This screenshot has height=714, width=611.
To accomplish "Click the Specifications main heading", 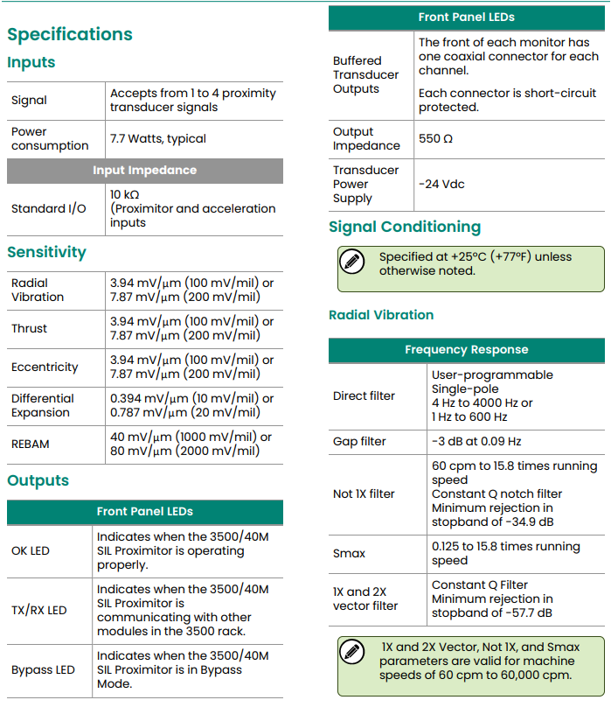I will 70,34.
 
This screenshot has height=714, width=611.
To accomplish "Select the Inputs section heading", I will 31,62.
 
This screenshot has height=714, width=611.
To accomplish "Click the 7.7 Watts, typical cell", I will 158,138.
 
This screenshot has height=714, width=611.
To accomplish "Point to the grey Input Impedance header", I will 145,170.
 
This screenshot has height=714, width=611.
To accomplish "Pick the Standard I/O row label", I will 49,208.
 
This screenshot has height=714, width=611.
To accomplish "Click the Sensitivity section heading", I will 46,252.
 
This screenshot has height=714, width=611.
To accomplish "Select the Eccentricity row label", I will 45,367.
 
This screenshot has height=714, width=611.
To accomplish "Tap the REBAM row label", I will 31,444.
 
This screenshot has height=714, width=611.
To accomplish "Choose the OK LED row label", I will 31,550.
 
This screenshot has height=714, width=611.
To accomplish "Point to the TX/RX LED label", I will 39,610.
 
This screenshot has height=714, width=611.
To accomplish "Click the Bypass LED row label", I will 44,669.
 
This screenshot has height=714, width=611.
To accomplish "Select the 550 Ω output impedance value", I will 435,138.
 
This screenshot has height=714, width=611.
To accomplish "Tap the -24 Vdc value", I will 441,184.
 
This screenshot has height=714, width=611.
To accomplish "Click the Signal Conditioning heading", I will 405,227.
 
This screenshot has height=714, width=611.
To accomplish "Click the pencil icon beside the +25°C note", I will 351,261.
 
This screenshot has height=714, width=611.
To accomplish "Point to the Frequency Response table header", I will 467,349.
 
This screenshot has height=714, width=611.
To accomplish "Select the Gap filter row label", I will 359,441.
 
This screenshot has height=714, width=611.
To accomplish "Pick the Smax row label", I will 350,553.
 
